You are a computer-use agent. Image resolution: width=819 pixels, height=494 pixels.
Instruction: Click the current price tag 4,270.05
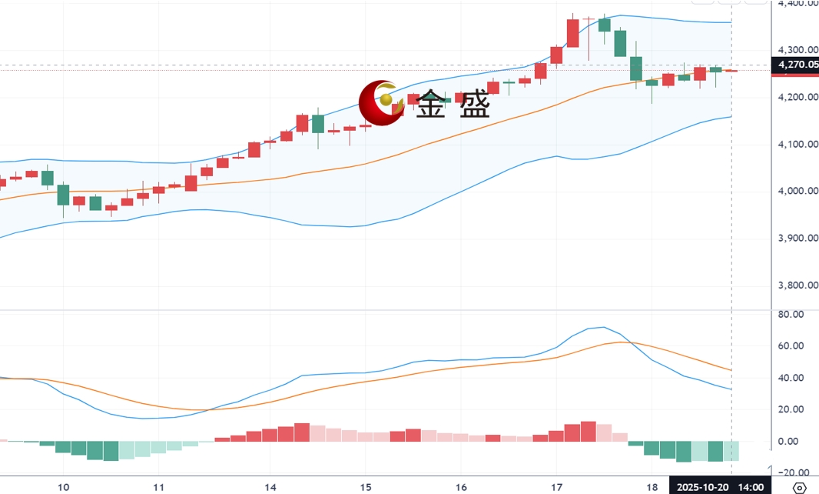coord(797,65)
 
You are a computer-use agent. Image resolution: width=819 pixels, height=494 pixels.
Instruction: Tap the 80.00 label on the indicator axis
coord(791,315)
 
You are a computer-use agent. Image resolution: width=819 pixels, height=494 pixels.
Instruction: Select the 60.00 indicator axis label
coord(791,346)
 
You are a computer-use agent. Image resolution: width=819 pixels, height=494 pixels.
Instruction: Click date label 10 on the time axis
coord(64,487)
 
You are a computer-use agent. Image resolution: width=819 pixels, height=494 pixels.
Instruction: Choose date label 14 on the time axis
coord(270,487)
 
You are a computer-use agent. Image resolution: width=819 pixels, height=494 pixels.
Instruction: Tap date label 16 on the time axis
coord(460,487)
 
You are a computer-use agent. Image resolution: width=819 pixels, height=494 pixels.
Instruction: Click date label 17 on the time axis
coord(556,487)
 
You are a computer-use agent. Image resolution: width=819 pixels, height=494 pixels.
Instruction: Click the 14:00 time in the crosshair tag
coord(751,487)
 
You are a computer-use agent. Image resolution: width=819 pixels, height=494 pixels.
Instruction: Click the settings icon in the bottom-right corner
coord(799,487)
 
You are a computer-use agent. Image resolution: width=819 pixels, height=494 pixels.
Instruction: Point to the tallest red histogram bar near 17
coord(589,432)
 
